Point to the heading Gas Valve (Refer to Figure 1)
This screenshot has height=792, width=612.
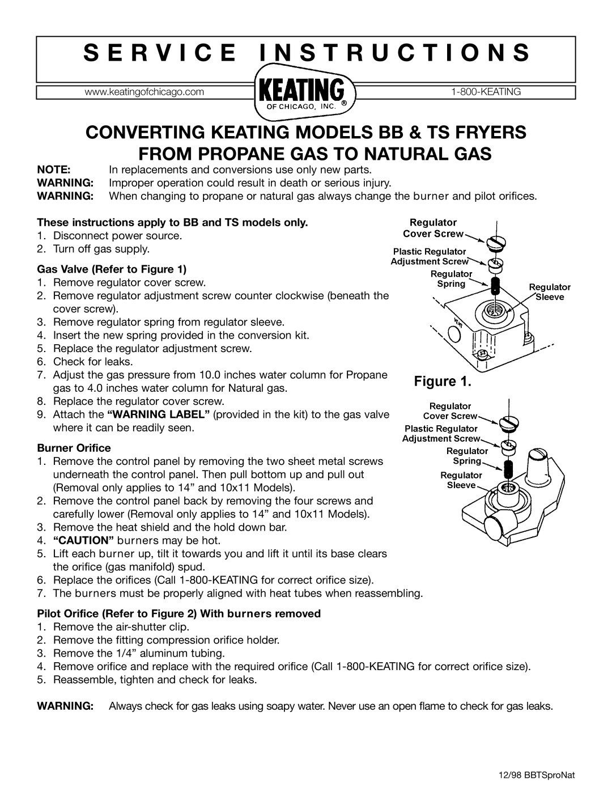[x=111, y=268]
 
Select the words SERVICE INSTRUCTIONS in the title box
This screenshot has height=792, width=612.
[x=306, y=51]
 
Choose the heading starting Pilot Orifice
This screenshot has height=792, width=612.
[x=179, y=613]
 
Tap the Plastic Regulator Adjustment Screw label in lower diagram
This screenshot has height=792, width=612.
[x=441, y=434]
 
